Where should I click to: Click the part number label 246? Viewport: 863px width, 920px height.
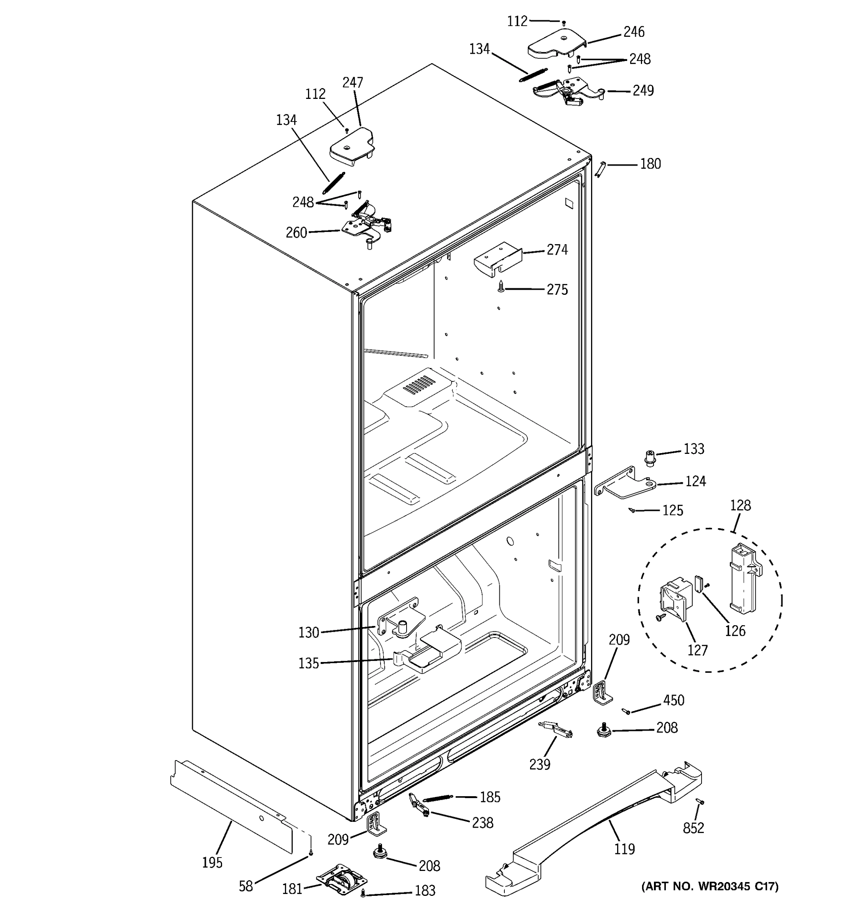tap(633, 32)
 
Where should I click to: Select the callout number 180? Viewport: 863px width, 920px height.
tap(650, 164)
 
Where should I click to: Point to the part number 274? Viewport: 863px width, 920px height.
tap(557, 250)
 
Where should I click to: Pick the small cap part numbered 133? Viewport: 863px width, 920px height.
tap(651, 457)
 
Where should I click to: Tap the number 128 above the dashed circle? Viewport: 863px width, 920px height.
tap(740, 505)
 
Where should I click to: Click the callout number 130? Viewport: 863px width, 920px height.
tap(309, 632)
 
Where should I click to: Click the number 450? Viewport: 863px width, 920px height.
tap(673, 701)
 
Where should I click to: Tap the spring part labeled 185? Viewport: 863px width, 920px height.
tap(438, 798)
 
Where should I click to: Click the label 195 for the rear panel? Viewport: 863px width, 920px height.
tap(212, 863)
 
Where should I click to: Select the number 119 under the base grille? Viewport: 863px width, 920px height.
tap(624, 849)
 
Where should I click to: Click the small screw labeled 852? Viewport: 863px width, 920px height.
tap(700, 802)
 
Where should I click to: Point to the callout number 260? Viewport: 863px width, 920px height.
tap(296, 232)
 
